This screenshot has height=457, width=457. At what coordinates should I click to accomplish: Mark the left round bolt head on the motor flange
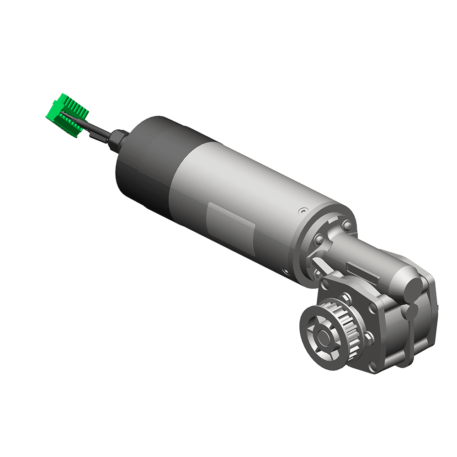tap(319, 240)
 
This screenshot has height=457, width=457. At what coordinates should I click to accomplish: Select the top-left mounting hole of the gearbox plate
tap(324, 284)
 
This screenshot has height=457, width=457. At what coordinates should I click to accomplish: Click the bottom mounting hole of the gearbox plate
tap(372, 366)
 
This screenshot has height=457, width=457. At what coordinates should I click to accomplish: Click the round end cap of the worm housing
tap(413, 288)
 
